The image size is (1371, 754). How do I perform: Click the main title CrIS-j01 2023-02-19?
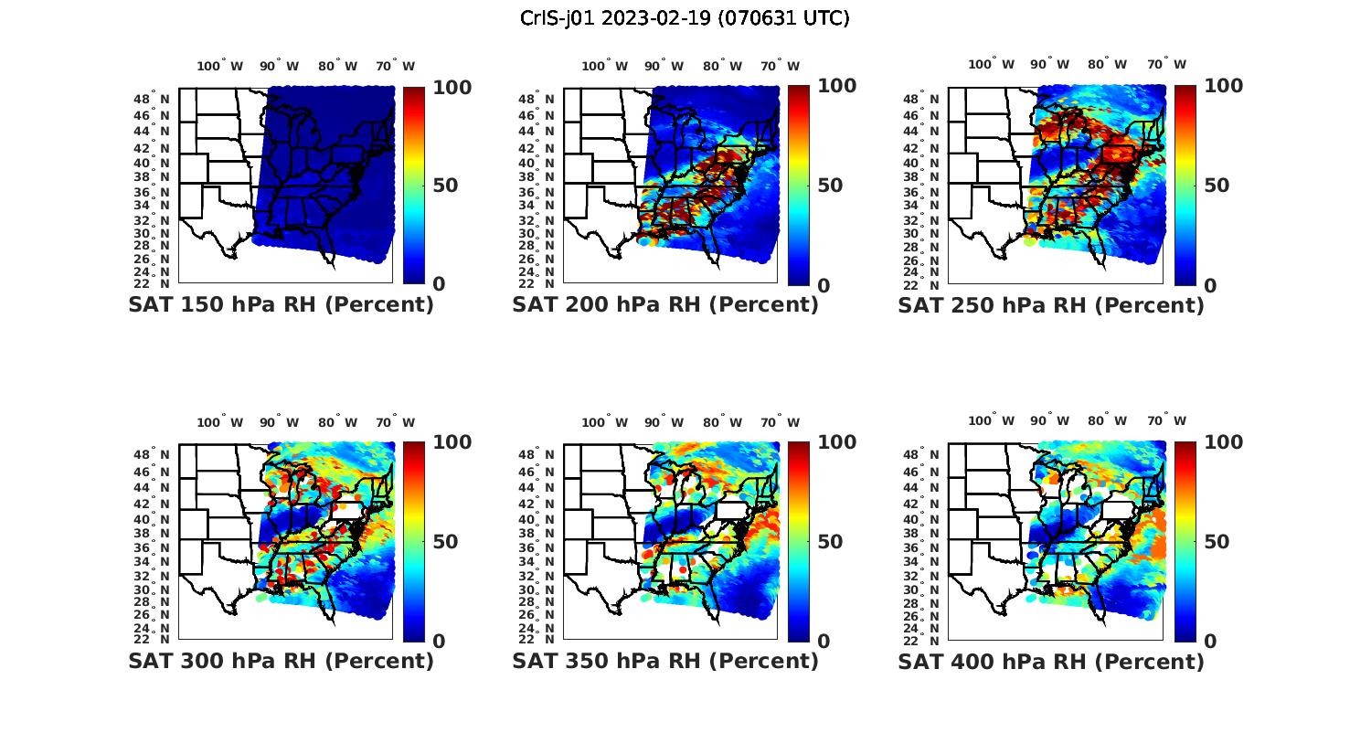tap(685, 18)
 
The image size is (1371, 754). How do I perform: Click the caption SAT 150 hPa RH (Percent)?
tap(281, 304)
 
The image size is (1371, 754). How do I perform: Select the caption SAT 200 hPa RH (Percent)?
tap(665, 304)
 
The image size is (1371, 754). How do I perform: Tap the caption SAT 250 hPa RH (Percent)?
tap(1051, 305)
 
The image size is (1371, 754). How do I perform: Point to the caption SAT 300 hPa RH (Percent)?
tap(281, 660)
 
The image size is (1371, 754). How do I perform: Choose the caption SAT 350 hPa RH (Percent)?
tap(665, 660)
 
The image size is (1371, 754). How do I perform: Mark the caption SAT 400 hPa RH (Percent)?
tap(1051, 661)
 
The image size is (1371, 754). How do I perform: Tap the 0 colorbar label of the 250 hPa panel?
tap(1210, 285)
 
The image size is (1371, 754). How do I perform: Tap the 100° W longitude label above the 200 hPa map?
tap(605, 66)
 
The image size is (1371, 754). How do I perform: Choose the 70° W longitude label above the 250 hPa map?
tap(1167, 64)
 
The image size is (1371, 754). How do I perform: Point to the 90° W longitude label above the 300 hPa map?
tap(280, 422)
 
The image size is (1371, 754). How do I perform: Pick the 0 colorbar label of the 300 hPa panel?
tap(439, 641)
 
